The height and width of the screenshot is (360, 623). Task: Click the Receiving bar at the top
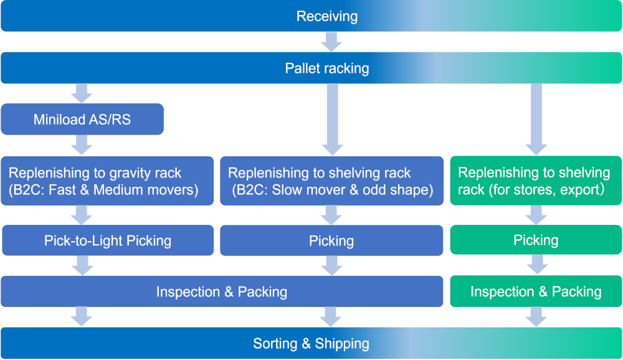(x=311, y=16)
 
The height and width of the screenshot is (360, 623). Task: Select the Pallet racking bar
(x=311, y=69)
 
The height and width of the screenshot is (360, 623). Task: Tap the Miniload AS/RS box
(x=82, y=119)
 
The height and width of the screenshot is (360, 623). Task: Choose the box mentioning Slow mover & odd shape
(x=331, y=181)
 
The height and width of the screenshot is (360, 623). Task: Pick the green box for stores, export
(x=536, y=181)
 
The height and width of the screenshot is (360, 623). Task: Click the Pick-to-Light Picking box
(x=107, y=240)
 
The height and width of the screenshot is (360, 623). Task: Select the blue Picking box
(x=331, y=240)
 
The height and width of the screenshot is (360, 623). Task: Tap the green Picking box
(x=536, y=240)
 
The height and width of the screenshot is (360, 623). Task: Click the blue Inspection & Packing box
(x=222, y=291)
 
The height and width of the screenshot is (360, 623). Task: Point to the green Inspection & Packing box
(x=536, y=291)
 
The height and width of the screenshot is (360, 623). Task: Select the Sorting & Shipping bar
(x=311, y=343)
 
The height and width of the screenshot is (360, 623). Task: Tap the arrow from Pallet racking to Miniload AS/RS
(x=82, y=93)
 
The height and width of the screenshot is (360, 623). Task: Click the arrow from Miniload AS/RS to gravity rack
(x=82, y=145)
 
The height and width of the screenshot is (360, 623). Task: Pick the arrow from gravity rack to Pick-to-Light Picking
(x=82, y=216)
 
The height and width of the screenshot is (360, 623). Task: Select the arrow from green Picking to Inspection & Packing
(x=536, y=266)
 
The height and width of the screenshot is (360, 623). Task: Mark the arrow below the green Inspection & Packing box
(x=536, y=317)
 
